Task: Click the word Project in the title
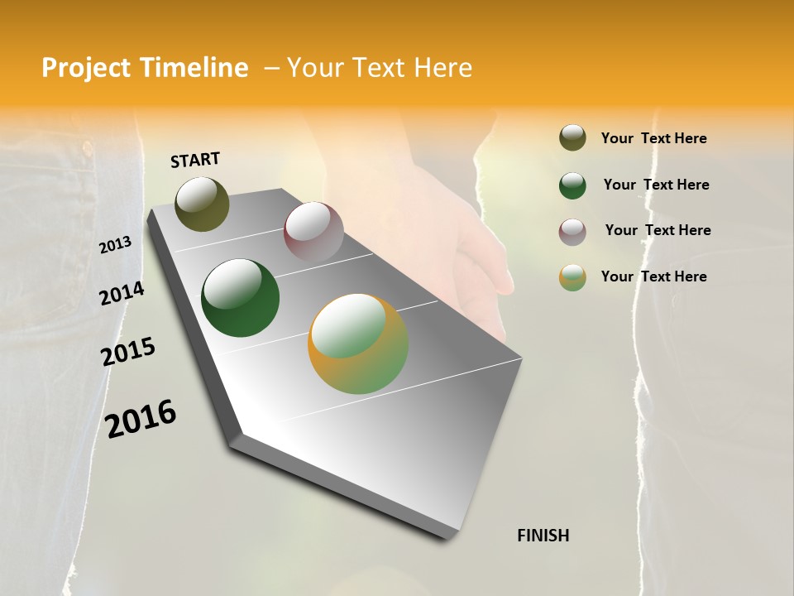87,68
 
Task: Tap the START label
195,160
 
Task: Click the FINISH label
543,536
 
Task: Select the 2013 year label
115,245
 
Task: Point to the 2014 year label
122,293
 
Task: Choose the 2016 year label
141,418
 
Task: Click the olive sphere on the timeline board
202,204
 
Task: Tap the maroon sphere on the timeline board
313,233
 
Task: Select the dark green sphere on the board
241,298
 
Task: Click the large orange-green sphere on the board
358,344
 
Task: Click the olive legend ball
572,138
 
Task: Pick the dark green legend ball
572,185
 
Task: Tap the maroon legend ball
572,232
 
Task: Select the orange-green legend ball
572,277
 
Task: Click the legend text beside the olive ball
654,138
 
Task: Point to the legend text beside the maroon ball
658,230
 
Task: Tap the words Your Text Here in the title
380,68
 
